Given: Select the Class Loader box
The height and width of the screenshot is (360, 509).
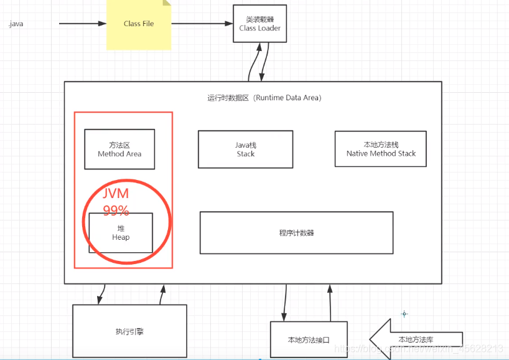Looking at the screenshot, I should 259,24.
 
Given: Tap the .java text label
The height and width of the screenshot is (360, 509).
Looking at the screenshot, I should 16,24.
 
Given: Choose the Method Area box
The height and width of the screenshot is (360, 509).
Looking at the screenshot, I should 119,149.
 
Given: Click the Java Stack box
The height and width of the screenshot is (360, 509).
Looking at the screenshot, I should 245,149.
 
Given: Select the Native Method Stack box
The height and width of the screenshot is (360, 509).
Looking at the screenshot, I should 380,149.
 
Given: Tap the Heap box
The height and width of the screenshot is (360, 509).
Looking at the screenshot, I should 121,232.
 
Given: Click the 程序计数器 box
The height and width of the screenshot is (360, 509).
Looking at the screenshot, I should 296,233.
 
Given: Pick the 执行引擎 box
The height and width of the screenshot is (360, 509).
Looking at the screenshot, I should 129,331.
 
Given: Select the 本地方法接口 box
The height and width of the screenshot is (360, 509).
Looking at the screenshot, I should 308,340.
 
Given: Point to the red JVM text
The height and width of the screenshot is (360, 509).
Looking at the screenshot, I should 116,193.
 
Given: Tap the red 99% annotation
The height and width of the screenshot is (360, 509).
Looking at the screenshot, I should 116,210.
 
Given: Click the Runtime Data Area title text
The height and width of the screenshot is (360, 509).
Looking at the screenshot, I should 264,98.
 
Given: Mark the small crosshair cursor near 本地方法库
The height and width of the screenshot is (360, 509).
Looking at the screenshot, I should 404,314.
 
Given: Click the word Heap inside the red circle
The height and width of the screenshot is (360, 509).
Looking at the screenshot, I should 121,237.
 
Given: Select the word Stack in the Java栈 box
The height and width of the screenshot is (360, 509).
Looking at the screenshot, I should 246,154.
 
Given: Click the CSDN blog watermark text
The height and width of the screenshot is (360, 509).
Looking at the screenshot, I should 429,349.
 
